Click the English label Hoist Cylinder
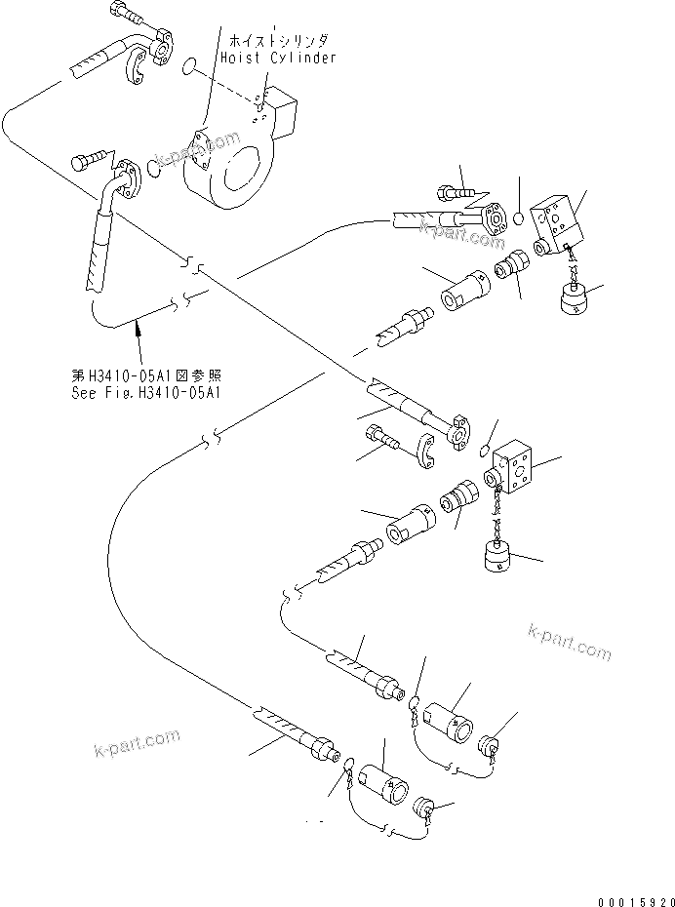pyautogui.click(x=278, y=59)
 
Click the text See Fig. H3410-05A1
pyautogui.click(x=146, y=393)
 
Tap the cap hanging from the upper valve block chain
pyautogui.click(x=575, y=299)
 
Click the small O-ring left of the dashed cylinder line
pyautogui.click(x=192, y=66)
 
